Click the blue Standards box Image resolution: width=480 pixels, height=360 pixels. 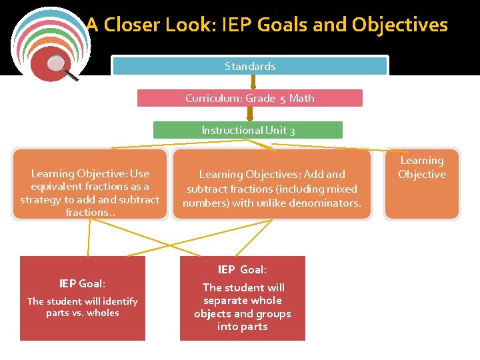coord(250,66)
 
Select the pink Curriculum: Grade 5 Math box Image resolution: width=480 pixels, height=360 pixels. coord(250,98)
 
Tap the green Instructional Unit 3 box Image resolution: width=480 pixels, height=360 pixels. coord(248,130)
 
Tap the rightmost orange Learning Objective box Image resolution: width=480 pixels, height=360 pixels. coord(422,183)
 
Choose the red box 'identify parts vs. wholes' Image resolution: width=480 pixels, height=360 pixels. coord(83,299)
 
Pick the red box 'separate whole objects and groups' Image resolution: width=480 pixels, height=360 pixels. coord(243,299)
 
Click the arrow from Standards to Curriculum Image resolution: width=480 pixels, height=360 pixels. coord(253,82)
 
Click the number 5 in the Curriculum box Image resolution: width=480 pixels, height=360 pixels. coord(283,99)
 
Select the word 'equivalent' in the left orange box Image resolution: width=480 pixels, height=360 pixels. coord(57,187)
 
